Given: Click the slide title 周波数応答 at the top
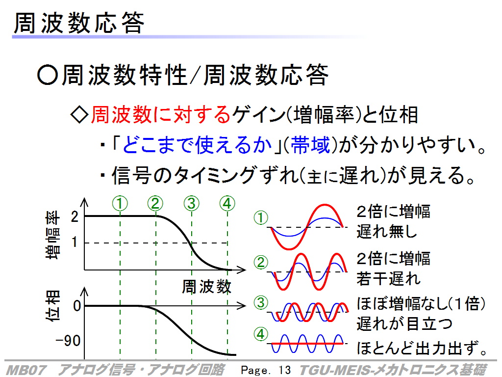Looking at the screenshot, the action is [x=79, y=23].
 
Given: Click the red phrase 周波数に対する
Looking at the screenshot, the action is [x=161, y=114].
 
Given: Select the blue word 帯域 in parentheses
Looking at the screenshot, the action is [x=310, y=145].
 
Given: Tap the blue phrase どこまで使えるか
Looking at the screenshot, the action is [x=197, y=145].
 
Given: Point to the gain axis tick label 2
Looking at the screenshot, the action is [x=75, y=217].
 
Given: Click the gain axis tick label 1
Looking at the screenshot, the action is [x=75, y=242].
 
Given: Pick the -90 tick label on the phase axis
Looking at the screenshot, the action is [x=68, y=341].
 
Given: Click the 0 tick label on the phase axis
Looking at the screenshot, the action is [x=77, y=306].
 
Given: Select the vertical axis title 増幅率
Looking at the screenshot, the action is [x=52, y=235].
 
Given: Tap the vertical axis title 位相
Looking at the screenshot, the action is [x=52, y=306].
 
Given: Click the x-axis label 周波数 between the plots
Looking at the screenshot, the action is [x=206, y=286].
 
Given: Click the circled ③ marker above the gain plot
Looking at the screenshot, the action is [x=192, y=203].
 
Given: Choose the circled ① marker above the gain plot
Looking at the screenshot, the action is [x=120, y=203].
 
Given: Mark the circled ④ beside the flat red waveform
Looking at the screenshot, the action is [x=261, y=334].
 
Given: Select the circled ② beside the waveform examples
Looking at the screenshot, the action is [x=261, y=262].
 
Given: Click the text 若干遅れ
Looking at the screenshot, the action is [x=388, y=278].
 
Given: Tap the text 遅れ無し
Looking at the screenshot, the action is [x=387, y=231].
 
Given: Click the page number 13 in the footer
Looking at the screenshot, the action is [x=284, y=370].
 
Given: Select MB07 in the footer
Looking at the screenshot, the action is [x=26, y=370].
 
